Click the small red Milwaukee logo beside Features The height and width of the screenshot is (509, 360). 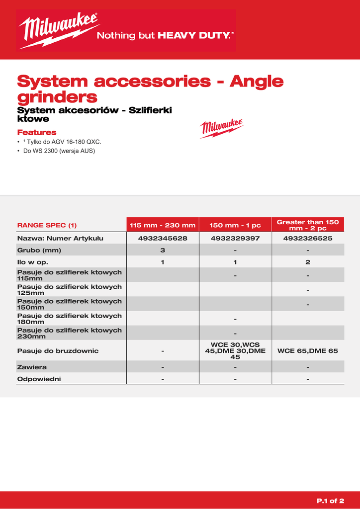click(x=221, y=128)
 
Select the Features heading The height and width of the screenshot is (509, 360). click(x=37, y=132)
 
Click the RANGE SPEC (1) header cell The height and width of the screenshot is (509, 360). click(x=47, y=225)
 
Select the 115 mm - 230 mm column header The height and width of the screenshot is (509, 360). click(x=163, y=225)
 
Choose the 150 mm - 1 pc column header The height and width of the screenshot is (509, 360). click(x=235, y=225)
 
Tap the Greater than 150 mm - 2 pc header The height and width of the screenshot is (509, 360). click(x=308, y=225)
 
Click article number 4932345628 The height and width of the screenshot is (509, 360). click(x=163, y=238)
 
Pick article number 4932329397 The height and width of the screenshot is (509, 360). click(x=235, y=238)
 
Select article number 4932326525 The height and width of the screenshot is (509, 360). click(x=308, y=238)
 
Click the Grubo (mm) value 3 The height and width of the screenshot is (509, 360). click(x=163, y=250)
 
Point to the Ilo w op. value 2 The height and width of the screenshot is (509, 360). click(x=308, y=262)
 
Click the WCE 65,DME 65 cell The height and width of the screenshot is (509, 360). click(x=308, y=350)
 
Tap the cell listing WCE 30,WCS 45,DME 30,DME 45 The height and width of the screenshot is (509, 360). click(x=235, y=350)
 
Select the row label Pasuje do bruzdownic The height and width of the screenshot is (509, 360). click(x=58, y=350)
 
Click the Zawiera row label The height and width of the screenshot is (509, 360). click(x=32, y=367)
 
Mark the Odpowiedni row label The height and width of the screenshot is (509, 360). click(x=39, y=379)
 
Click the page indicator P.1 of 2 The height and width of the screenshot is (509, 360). click(x=330, y=500)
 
